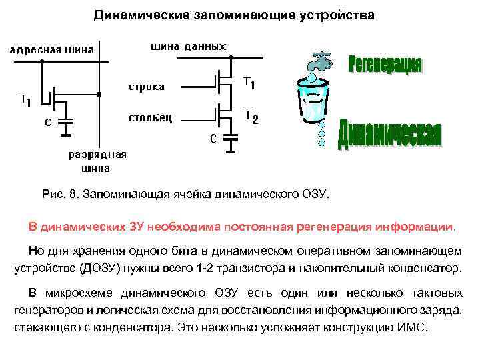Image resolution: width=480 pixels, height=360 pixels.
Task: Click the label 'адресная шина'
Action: (x=51, y=49)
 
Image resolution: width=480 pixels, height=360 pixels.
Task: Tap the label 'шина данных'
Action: (x=189, y=46)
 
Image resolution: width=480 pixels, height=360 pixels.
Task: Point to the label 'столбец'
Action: (x=151, y=118)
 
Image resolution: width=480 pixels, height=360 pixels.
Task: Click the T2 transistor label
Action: (x=251, y=117)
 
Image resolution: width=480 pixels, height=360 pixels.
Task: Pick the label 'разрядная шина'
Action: (x=97, y=161)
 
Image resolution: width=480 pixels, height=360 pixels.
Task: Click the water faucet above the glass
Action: (x=319, y=62)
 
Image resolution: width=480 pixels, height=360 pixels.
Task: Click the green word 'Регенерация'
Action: (x=385, y=65)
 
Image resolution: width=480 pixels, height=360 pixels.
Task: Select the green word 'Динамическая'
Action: (x=389, y=134)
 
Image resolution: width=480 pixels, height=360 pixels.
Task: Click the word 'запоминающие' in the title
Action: (x=213, y=14)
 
